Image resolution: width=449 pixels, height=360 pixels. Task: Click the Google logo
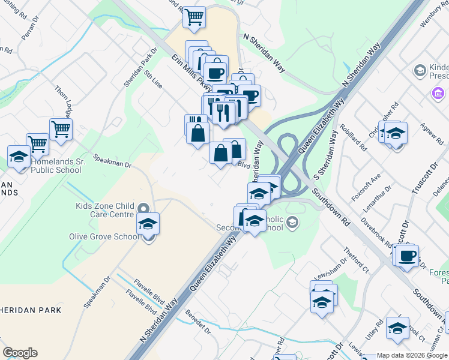[x=20, y=353]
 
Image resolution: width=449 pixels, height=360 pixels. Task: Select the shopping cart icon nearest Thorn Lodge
[x=61, y=128]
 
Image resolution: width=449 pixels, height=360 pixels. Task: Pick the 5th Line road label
[x=152, y=80]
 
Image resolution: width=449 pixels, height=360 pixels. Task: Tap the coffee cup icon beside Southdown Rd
[x=407, y=255]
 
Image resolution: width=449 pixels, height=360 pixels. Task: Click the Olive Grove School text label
[x=104, y=236]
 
